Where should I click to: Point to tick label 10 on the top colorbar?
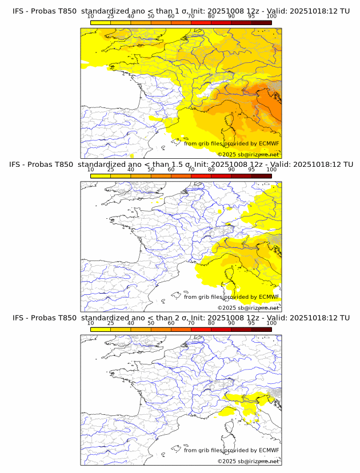91,16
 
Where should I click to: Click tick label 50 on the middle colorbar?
151,170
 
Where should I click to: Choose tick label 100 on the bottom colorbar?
271,323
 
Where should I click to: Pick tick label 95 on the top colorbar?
251,16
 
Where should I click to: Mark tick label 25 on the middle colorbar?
111,170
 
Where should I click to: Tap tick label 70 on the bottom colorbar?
191,323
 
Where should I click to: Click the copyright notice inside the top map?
248,155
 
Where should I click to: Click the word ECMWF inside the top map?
269,144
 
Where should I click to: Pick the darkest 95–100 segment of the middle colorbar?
261,176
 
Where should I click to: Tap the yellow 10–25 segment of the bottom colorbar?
101,329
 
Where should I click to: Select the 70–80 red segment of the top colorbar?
201,22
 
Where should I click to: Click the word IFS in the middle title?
18,165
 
